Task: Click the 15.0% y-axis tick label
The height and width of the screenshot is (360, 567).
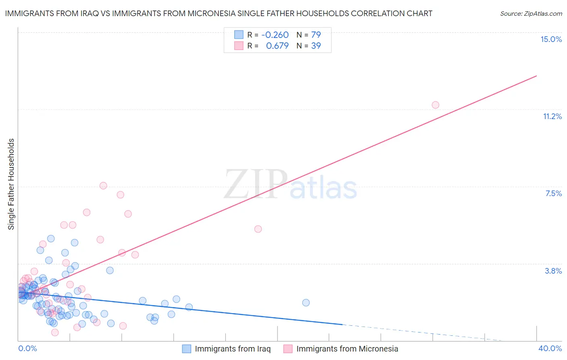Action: [x=551, y=39]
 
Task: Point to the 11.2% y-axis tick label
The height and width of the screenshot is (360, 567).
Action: [x=552, y=116]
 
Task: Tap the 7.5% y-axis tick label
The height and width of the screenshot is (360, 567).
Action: [x=553, y=193]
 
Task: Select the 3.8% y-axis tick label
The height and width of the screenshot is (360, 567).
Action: [x=553, y=271]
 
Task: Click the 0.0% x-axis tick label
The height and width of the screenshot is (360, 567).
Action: [x=27, y=348]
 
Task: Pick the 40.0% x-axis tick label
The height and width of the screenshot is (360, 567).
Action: [x=550, y=348]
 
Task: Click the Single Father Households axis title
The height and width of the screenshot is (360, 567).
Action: [x=11, y=184]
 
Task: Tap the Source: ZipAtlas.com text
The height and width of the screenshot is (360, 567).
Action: [x=531, y=13]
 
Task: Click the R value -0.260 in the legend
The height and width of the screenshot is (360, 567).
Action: [x=275, y=35]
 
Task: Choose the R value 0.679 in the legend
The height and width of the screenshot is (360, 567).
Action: [x=277, y=46]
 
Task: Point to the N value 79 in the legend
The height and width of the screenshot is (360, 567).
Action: [x=316, y=35]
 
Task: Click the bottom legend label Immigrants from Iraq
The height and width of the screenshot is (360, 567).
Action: [x=233, y=349]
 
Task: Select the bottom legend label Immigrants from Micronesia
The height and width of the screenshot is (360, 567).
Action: [x=347, y=349]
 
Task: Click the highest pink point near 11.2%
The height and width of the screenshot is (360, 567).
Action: [x=436, y=105]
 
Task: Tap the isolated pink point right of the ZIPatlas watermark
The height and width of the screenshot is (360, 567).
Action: [x=258, y=229]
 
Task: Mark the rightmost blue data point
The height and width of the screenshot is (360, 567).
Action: [x=306, y=303]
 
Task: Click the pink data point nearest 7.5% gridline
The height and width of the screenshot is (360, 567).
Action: [x=103, y=186]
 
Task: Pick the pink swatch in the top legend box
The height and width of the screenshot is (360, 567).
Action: [x=239, y=46]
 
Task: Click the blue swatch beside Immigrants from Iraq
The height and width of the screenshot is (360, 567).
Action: [x=186, y=349]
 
